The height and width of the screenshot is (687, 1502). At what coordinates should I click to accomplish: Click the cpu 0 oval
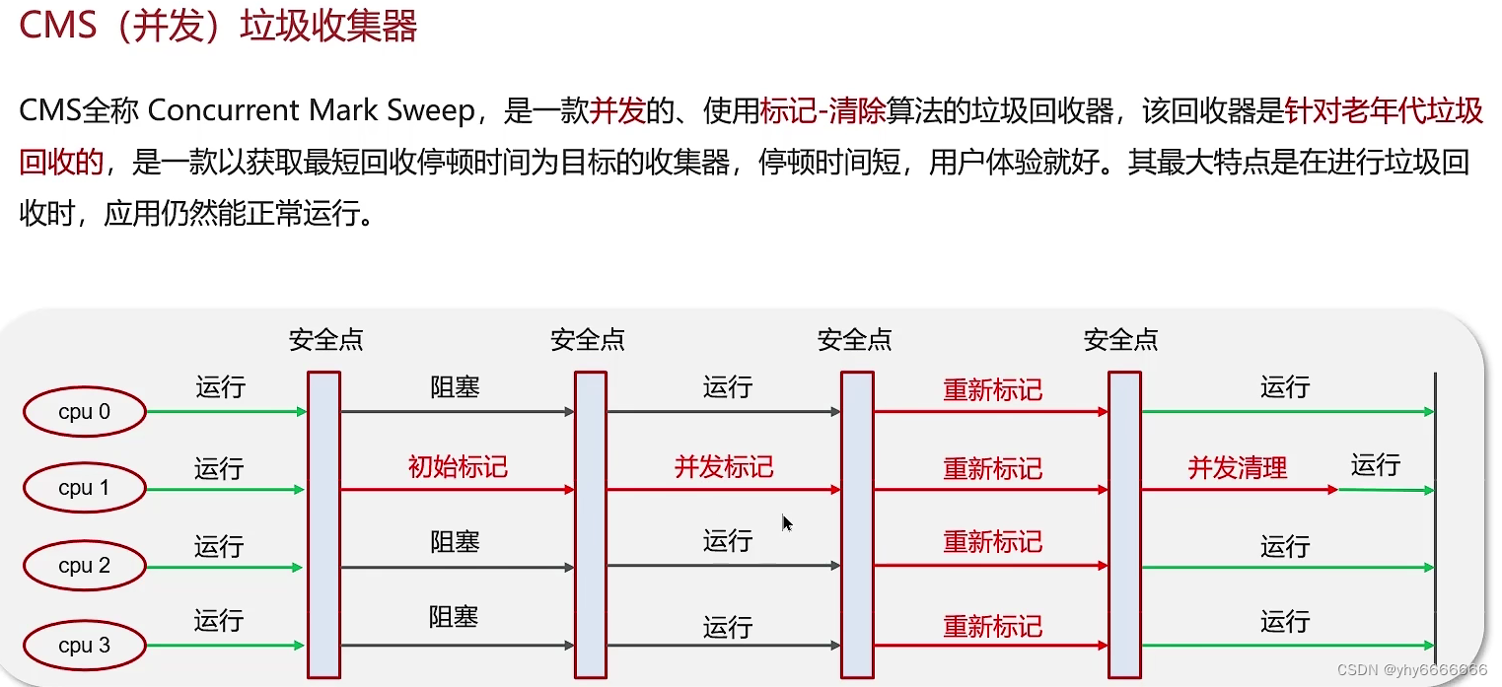[x=85, y=412]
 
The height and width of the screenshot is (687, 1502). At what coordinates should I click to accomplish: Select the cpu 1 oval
[x=85, y=488]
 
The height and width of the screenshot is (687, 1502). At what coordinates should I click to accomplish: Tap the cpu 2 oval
[x=85, y=566]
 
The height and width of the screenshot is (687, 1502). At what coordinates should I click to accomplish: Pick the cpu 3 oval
[x=85, y=646]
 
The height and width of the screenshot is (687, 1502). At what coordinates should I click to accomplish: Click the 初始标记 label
[x=458, y=466]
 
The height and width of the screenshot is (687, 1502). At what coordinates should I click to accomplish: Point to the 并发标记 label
[x=724, y=466]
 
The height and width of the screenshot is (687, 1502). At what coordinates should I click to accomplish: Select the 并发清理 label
[x=1238, y=467]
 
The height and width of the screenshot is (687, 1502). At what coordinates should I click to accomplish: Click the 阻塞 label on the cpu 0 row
[x=455, y=387]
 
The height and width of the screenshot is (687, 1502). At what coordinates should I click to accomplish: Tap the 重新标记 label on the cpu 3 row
[x=992, y=626]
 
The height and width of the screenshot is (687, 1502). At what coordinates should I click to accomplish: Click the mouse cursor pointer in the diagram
[x=787, y=522]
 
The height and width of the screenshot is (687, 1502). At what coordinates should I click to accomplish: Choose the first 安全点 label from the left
[x=325, y=340]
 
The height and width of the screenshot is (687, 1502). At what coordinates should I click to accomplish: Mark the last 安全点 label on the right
[x=1120, y=340]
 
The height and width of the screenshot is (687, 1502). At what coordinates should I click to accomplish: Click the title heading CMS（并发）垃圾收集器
[x=218, y=27]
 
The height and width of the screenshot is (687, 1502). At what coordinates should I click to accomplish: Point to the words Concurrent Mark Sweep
[x=312, y=110]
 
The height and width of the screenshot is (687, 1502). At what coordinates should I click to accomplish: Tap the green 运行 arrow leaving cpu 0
[x=227, y=412]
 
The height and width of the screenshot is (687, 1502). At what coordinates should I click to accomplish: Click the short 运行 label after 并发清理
[x=1376, y=464]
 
